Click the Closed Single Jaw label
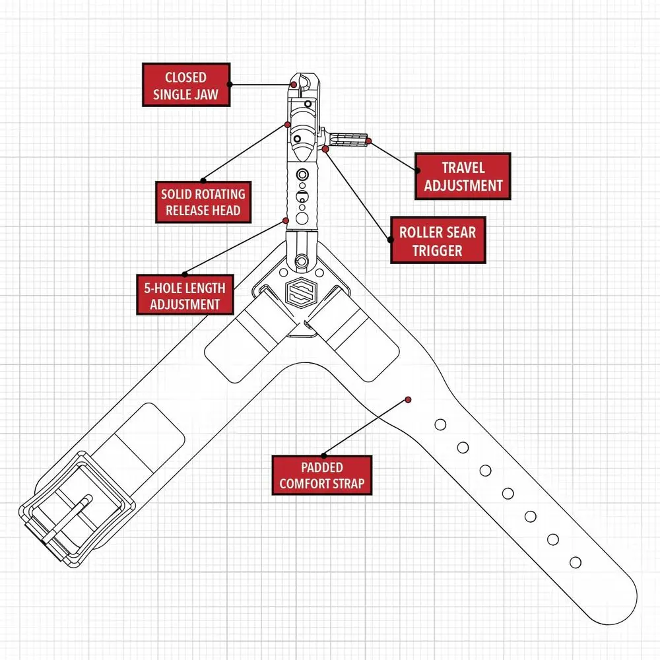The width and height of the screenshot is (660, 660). coord(186,85)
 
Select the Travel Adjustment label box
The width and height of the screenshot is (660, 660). coord(463,176)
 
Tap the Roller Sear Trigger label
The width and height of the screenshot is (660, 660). coord(438,240)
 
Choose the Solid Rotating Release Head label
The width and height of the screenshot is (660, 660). coord(203,203)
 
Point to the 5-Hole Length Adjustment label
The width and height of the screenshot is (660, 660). coord(185,296)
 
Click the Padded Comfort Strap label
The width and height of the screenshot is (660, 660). coord(321,475)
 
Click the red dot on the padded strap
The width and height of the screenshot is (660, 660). coord(409,399)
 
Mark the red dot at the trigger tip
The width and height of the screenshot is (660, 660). coord(369,141)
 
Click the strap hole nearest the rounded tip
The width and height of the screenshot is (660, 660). coord(575,562)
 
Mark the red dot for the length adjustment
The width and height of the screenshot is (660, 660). coord(286,220)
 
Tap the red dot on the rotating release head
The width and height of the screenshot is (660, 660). coord(287,124)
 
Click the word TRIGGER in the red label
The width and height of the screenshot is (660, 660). coord(438,250)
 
